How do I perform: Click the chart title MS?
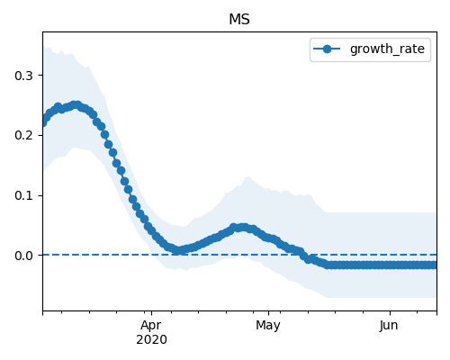[x=239, y=20]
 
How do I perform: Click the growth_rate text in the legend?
[x=387, y=49]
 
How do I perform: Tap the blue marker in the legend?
[x=327, y=49]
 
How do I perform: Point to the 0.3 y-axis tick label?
[x=23, y=76]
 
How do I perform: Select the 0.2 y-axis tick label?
[x=23, y=135]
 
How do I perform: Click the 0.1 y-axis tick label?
[x=23, y=195]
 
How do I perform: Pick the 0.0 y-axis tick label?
[x=23, y=256]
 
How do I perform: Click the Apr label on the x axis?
[x=151, y=326]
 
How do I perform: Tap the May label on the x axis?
[x=268, y=326]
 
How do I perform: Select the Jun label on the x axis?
[x=389, y=326]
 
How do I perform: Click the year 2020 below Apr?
[x=151, y=339]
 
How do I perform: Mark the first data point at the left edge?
[x=43, y=122]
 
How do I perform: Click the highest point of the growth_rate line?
[x=76, y=105]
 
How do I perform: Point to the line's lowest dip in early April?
[x=178, y=250]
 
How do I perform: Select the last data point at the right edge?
[x=435, y=265]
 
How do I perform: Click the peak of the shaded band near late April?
[x=248, y=176]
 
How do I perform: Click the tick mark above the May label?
[x=268, y=313]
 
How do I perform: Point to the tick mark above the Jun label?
[x=390, y=313]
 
